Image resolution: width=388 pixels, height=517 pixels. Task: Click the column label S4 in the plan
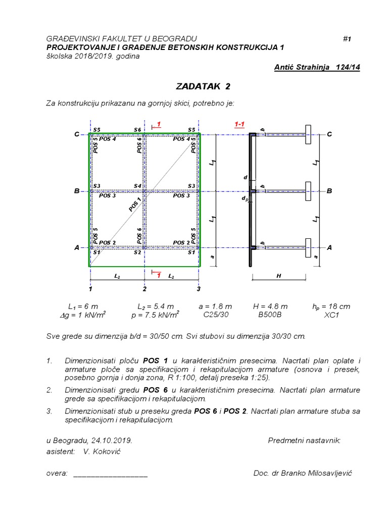(x=137, y=186)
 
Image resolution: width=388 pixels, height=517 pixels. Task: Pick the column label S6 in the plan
(x=137, y=130)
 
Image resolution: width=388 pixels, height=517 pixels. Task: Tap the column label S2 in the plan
(x=137, y=252)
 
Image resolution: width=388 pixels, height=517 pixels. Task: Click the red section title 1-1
(x=239, y=124)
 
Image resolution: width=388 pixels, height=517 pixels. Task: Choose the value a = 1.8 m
(x=215, y=306)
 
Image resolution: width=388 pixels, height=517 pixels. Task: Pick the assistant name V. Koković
(x=102, y=451)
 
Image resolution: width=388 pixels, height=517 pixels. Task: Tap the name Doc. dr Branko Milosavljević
(x=303, y=473)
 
